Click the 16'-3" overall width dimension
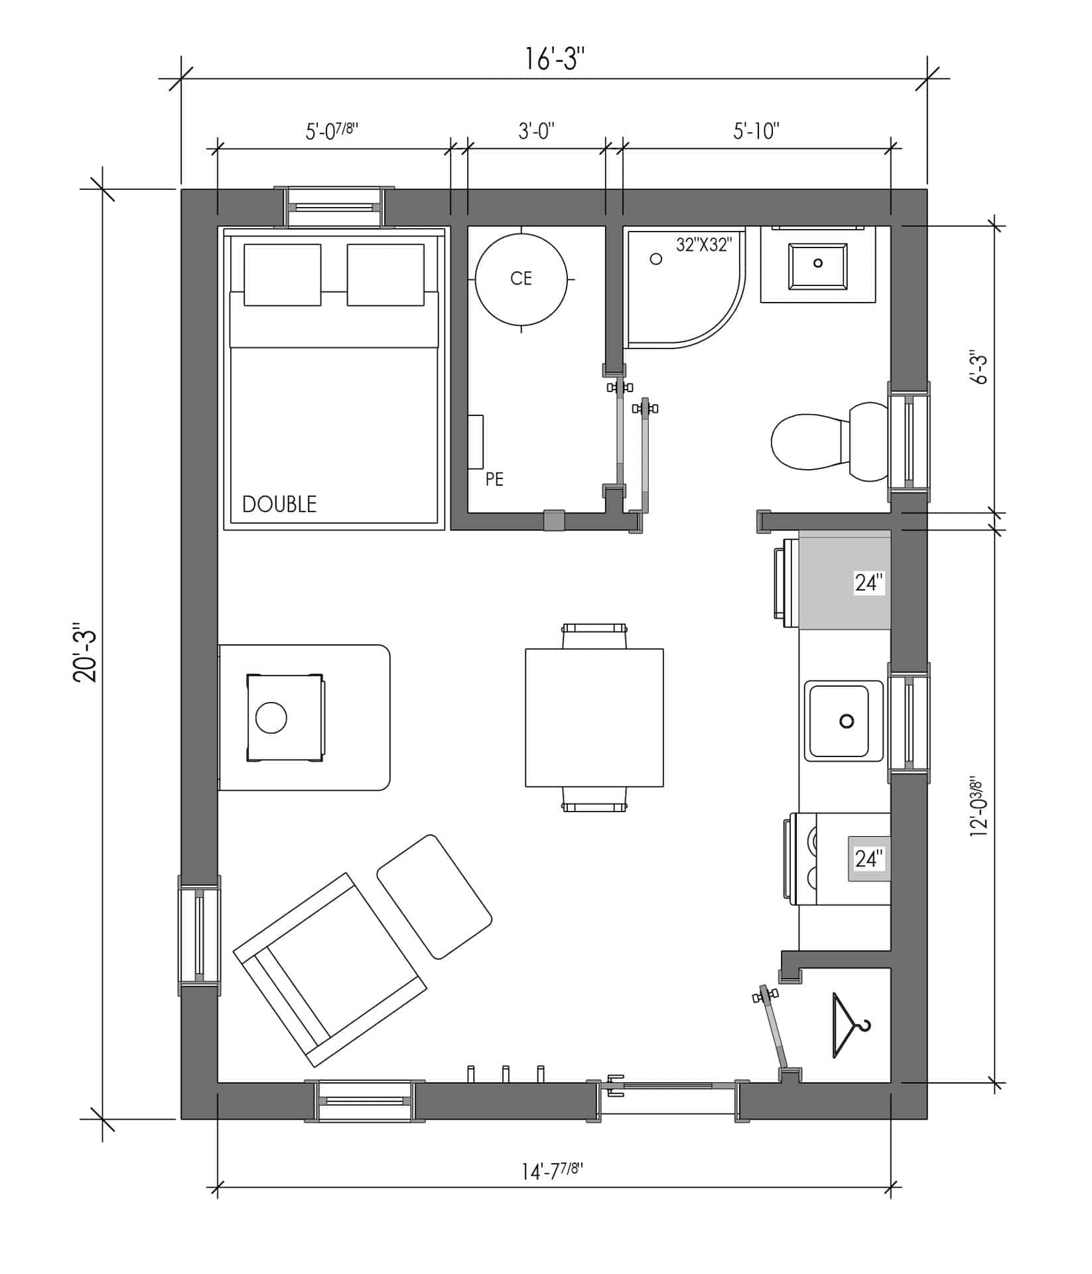(x=555, y=58)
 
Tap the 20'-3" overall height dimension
(x=86, y=653)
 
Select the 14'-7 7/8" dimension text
(x=552, y=1171)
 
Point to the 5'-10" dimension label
(x=756, y=131)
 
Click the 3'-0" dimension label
(x=536, y=131)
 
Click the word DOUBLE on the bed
(x=279, y=504)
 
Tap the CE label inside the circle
(x=521, y=278)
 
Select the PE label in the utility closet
(x=494, y=478)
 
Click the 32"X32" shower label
(x=704, y=244)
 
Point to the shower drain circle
(x=656, y=259)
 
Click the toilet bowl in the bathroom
(x=807, y=441)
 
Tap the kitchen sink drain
(x=847, y=721)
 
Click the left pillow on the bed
(x=283, y=275)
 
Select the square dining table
(x=594, y=717)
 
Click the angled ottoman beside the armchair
(x=435, y=896)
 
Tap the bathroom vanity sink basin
(x=818, y=266)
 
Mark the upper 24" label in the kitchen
(x=869, y=583)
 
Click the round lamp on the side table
(x=271, y=717)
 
